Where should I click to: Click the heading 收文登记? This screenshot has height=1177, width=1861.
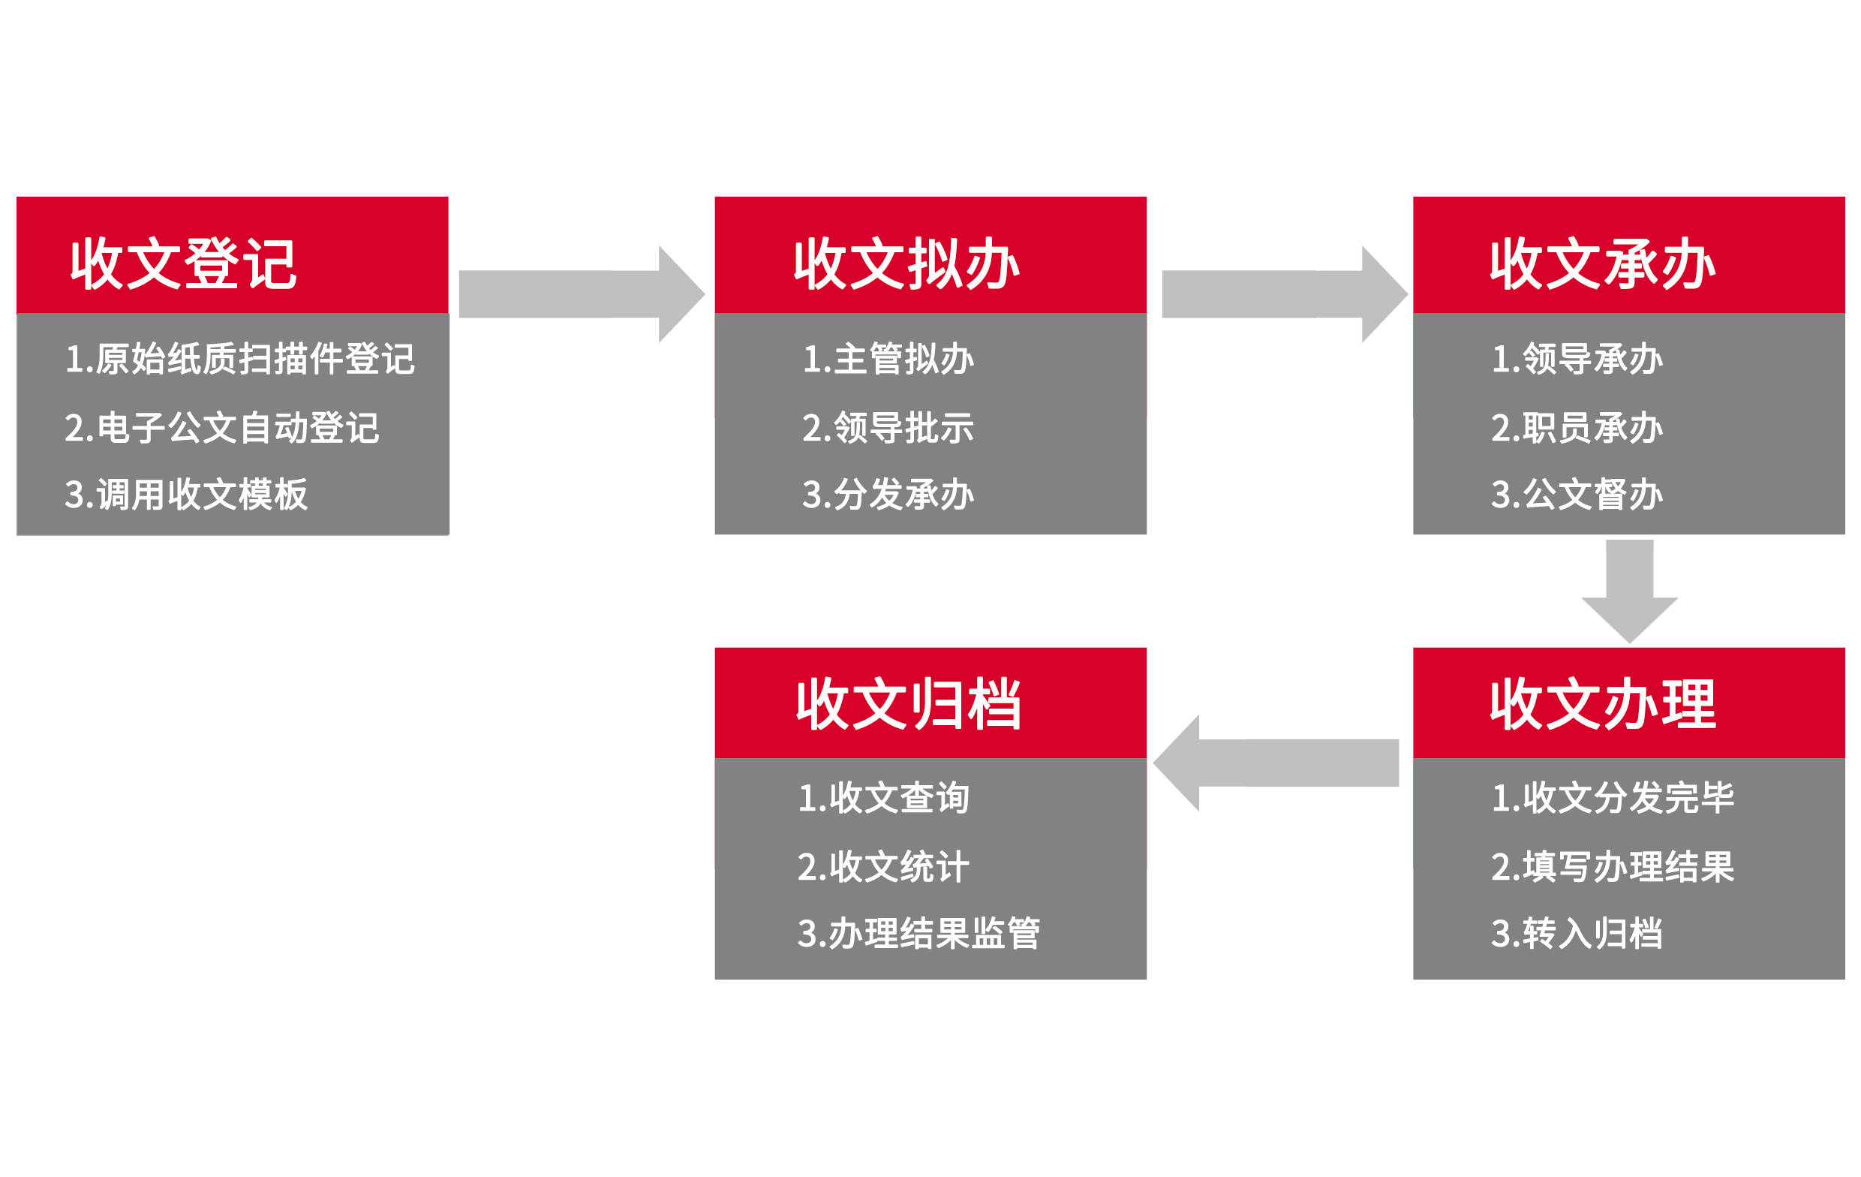point(183,264)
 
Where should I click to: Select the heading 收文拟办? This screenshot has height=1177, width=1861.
point(906,264)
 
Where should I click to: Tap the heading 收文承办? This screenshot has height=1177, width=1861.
point(1603,264)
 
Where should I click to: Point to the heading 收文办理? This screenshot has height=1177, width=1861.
point(1603,704)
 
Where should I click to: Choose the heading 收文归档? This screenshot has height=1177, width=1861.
point(909,704)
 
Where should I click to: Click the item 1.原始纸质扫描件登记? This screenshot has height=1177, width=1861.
point(239,359)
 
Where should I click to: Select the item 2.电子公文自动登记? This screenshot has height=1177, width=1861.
point(222,428)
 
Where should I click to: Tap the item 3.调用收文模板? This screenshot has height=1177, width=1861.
point(186,494)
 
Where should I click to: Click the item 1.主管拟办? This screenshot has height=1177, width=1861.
point(888,359)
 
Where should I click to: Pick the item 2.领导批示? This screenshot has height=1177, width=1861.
point(888,428)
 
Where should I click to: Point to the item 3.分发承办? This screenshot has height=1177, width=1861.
point(888,494)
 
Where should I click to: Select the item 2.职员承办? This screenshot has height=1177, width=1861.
point(1577,428)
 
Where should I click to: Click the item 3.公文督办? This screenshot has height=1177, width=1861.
point(1577,494)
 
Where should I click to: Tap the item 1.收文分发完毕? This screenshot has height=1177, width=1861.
point(1612,797)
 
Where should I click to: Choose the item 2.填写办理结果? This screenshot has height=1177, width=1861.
point(1612,866)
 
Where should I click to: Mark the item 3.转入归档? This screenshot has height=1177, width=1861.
point(1577,933)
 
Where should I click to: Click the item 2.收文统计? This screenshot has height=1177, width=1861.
point(882,866)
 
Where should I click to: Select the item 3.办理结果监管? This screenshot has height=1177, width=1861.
point(918,933)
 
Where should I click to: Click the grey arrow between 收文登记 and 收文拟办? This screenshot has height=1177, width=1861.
point(580,293)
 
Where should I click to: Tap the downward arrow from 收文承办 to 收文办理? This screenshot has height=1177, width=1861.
point(1631,592)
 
